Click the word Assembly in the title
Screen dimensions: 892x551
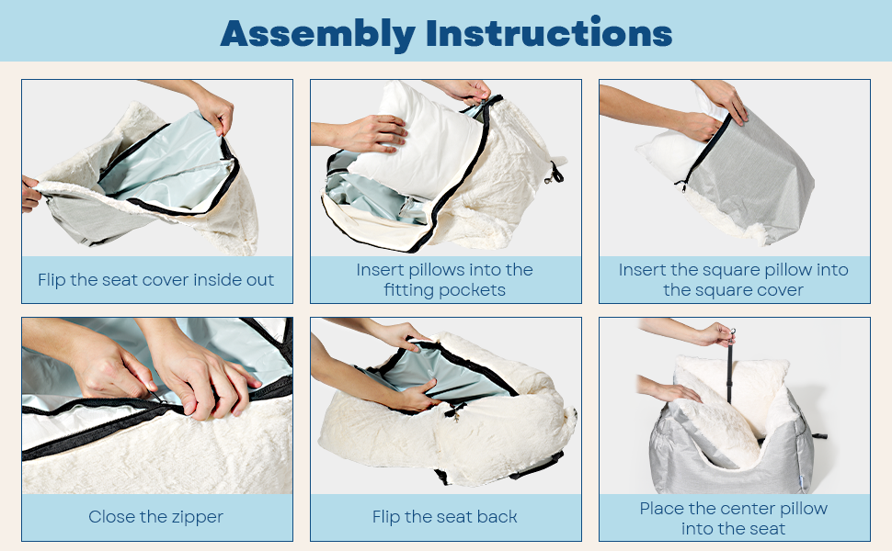coord(317,35)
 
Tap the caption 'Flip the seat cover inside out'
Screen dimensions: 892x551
coord(156,280)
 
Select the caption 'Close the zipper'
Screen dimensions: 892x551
coord(156,518)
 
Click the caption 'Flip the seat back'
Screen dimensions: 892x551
coord(445,517)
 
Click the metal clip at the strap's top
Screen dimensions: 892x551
coord(733,334)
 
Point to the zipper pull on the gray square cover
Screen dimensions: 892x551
coord(680,186)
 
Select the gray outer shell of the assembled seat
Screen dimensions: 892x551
coord(734,455)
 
